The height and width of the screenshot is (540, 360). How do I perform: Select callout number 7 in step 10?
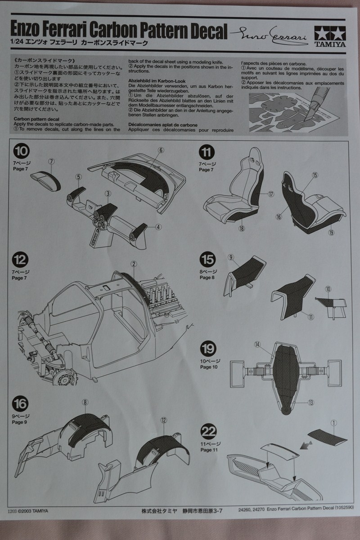pyautogui.click(x=51, y=161)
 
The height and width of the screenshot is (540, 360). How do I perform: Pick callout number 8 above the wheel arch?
pyautogui.click(x=85, y=401)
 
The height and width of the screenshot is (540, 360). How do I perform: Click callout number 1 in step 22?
pyautogui.click(x=333, y=423)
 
